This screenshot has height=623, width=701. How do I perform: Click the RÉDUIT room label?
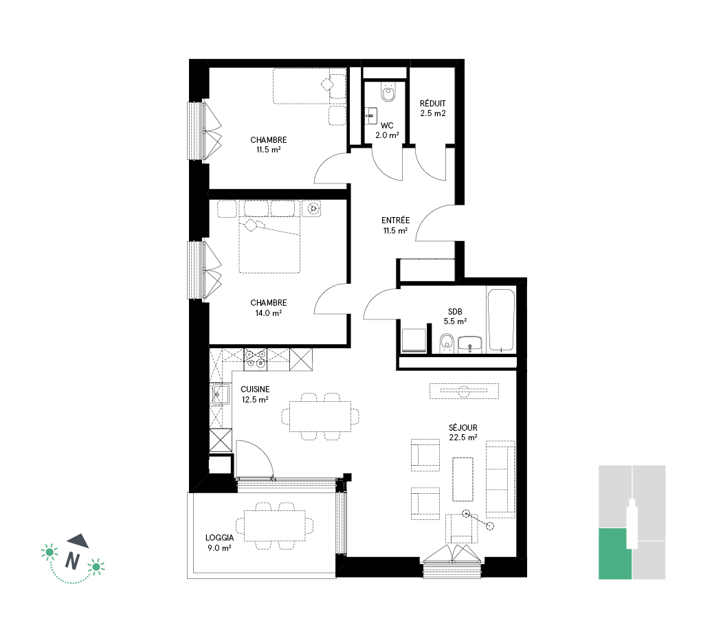coord(432,103)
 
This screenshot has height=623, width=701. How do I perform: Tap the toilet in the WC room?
coord(388,92)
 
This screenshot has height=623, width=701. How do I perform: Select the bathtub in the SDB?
coord(501,320)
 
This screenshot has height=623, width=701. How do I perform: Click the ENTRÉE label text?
coord(395,220)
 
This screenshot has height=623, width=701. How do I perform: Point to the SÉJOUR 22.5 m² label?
coord(463,433)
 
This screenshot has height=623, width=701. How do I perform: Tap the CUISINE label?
coord(255,389)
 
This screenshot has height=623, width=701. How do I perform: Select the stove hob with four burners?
coord(255,359)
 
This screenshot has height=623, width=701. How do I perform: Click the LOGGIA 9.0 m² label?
coord(219,543)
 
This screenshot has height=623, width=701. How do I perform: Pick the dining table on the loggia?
coord(275,525)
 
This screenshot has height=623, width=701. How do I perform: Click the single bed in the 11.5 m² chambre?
coord(310,87)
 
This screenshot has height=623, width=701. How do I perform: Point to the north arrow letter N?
coord(72,560)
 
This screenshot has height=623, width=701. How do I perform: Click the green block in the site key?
coord(614,553)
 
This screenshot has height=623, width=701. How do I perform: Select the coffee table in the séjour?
coord(463,479)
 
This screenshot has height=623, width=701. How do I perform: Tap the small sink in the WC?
coord(371,116)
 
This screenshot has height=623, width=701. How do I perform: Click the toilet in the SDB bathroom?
coord(447,343)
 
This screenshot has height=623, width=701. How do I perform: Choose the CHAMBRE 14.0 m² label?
coord(268,308)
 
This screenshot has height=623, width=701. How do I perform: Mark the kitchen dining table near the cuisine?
coord(320,416)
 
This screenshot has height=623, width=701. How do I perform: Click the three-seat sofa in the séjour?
coord(501,479)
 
